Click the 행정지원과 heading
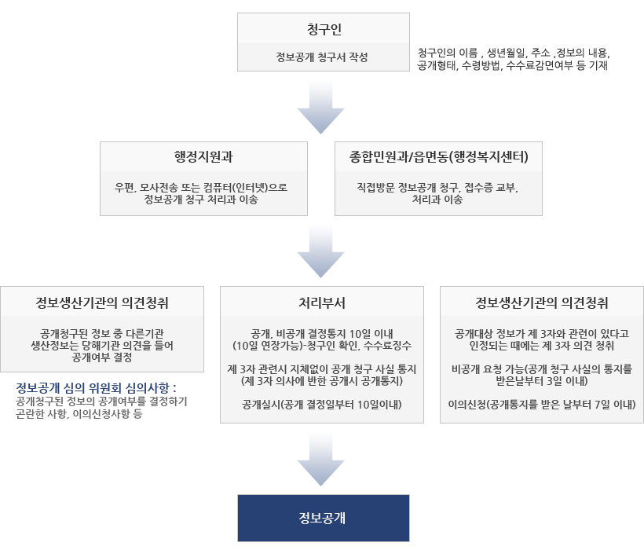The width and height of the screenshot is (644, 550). (203, 156)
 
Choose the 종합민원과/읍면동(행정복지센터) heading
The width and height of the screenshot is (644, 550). (438, 156)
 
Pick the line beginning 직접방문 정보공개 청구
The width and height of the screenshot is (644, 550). (437, 187)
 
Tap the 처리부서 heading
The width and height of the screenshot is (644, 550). (322, 302)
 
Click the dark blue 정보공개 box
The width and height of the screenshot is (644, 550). (323, 518)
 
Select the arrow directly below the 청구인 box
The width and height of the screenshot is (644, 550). (321, 108)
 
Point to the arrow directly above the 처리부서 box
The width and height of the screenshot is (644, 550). (321, 253)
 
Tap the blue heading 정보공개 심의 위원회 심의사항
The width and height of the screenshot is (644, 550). (97, 387)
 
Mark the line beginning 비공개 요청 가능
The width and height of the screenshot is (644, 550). (542, 368)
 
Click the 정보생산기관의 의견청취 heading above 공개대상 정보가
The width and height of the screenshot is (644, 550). (542, 302)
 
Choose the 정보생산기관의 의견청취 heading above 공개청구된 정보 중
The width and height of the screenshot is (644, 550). (102, 302)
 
